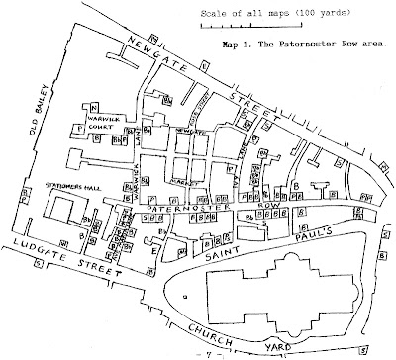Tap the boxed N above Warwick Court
tap(94, 107)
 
